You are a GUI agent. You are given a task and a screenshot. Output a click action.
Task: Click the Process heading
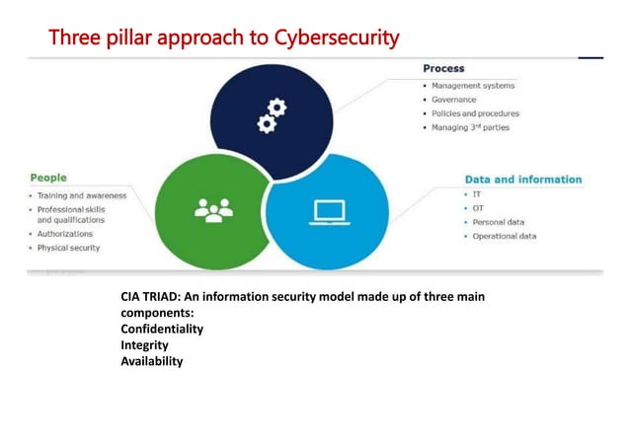443,69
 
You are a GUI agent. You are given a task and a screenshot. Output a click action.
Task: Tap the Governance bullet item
453,100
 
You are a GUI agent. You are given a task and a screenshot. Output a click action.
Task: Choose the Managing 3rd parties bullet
470,127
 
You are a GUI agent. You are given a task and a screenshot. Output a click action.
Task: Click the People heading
48,178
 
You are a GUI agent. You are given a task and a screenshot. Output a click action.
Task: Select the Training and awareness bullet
82,195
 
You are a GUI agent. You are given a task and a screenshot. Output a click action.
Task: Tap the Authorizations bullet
65,234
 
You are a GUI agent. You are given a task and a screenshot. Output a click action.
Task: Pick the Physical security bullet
68,248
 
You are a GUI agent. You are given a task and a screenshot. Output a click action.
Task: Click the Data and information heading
523,180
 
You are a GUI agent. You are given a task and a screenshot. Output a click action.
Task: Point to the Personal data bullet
498,222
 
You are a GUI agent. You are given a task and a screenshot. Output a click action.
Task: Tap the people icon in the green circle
213,209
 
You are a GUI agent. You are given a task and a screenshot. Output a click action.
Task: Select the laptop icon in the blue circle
328,211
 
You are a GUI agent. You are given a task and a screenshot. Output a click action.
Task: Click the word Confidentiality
162,329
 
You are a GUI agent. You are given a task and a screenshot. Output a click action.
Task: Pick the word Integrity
144,345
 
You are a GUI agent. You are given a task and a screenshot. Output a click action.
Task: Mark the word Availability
151,361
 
